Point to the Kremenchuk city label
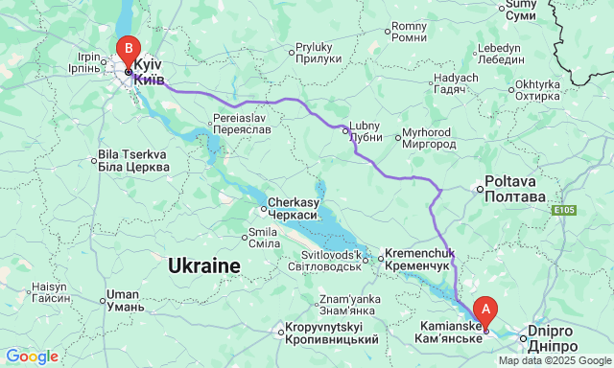(416, 259)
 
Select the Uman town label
(126, 301)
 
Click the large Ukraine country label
(203, 265)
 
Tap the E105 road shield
(563, 209)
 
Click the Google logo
(31, 356)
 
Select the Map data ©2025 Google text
(554, 361)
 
